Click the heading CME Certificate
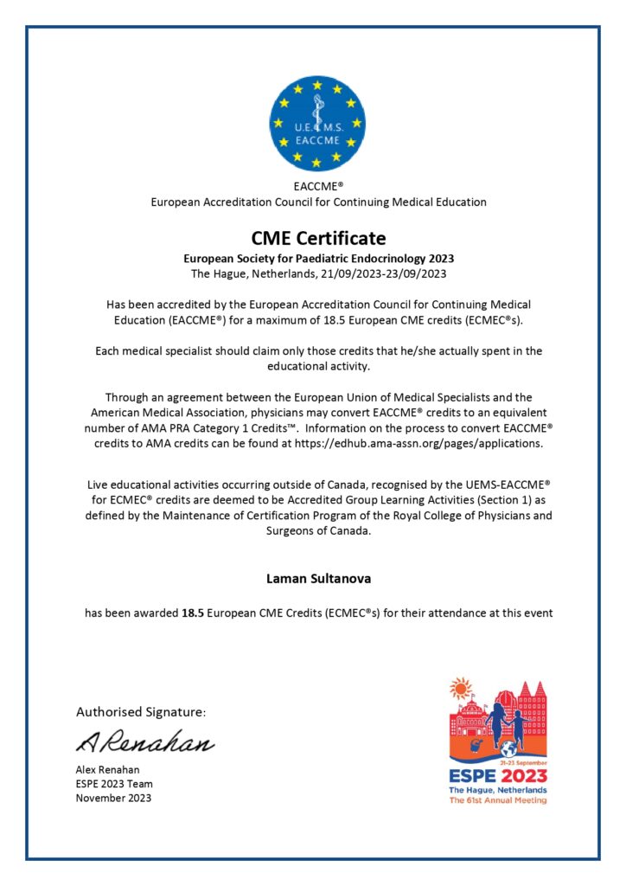(x=318, y=238)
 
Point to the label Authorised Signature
(x=141, y=712)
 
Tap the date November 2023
(x=113, y=798)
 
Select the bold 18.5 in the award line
(x=193, y=613)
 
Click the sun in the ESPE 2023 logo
(x=461, y=690)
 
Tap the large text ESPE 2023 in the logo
(x=497, y=775)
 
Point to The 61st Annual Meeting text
(x=497, y=800)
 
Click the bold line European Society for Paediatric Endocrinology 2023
(x=318, y=259)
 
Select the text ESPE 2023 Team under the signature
(x=114, y=784)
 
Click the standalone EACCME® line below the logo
(x=318, y=186)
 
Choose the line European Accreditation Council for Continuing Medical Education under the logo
(x=318, y=202)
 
